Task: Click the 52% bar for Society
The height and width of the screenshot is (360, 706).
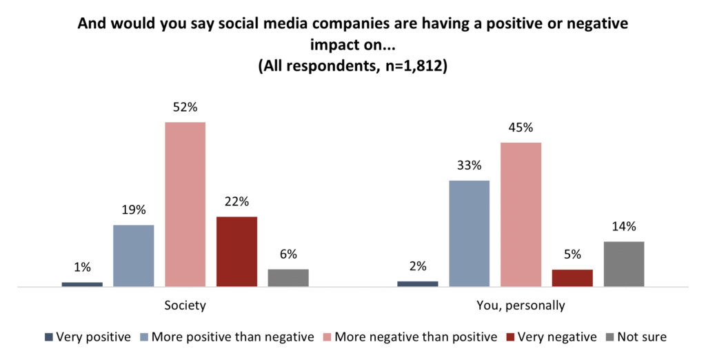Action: click(185, 204)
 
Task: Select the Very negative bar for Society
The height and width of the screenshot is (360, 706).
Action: click(236, 251)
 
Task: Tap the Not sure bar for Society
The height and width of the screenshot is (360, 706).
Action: click(288, 277)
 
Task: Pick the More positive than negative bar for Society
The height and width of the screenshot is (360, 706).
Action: click(133, 255)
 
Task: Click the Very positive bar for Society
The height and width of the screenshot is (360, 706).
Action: click(82, 284)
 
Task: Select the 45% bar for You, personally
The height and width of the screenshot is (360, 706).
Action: click(521, 214)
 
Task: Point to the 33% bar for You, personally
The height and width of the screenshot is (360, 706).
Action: click(469, 233)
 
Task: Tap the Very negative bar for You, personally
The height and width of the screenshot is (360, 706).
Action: click(572, 277)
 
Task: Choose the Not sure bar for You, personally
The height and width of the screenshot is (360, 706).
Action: click(623, 263)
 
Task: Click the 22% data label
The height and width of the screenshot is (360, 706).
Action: click(236, 201)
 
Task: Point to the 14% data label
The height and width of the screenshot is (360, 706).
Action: click(623, 226)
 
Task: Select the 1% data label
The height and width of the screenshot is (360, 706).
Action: click(82, 267)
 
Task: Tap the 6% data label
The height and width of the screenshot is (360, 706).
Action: click(288, 254)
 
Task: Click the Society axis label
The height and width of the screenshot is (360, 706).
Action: click(185, 304)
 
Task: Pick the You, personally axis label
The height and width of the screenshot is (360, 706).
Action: click(521, 304)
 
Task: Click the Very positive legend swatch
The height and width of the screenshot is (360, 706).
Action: click(48, 337)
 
